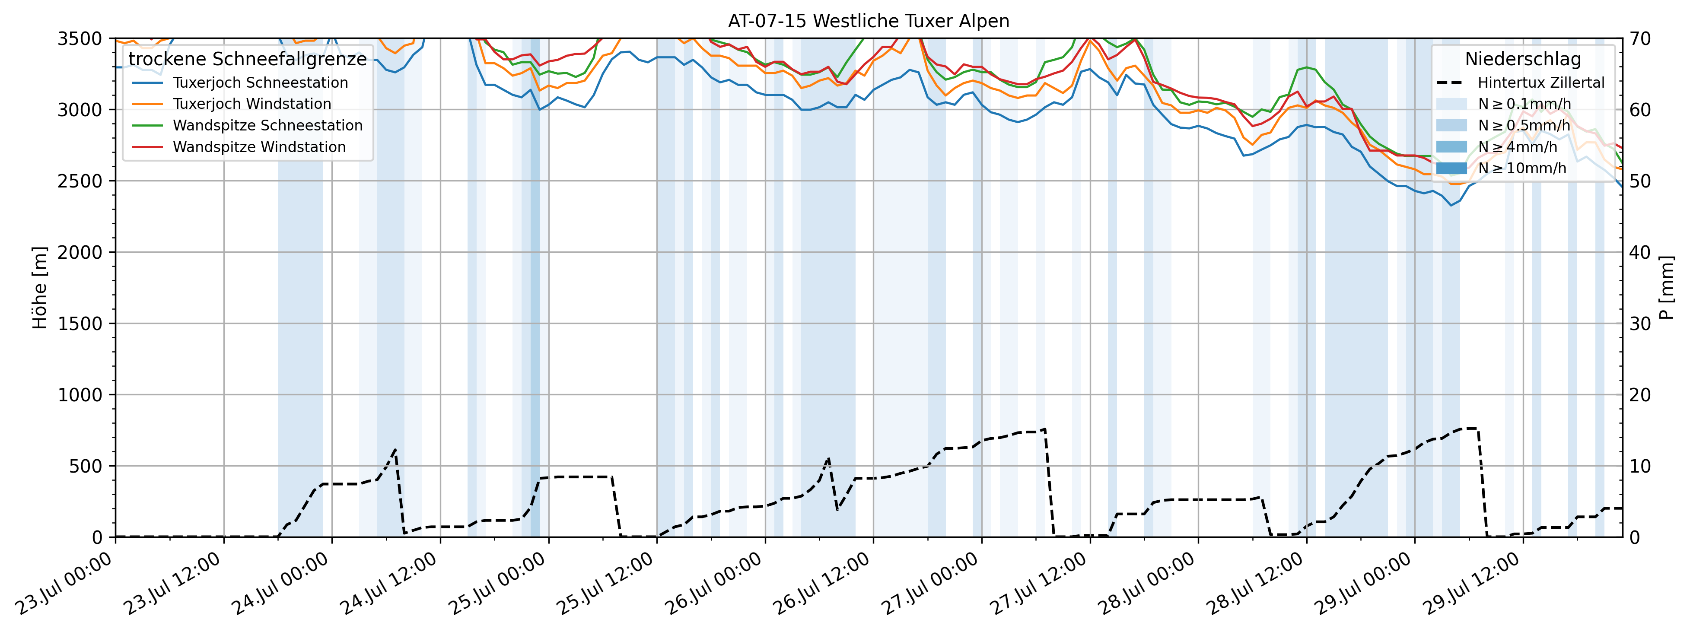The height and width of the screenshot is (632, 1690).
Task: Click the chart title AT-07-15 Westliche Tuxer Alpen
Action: pyautogui.click(x=868, y=21)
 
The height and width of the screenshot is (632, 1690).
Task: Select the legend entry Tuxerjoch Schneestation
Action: pyautogui.click(x=260, y=83)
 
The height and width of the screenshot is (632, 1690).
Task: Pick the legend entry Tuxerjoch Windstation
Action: pyautogui.click(x=252, y=104)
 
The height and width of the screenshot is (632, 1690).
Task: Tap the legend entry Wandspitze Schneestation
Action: pyautogui.click(x=267, y=125)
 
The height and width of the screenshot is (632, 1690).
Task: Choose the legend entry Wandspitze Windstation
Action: pyautogui.click(x=259, y=147)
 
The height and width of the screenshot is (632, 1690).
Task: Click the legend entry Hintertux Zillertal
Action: pyautogui.click(x=1540, y=83)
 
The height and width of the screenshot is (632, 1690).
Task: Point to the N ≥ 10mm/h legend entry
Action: pyautogui.click(x=1521, y=168)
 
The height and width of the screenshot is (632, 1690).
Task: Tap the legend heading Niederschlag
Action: pyautogui.click(x=1523, y=59)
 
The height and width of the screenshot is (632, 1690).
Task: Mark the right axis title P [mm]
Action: pyautogui.click(x=1666, y=287)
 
